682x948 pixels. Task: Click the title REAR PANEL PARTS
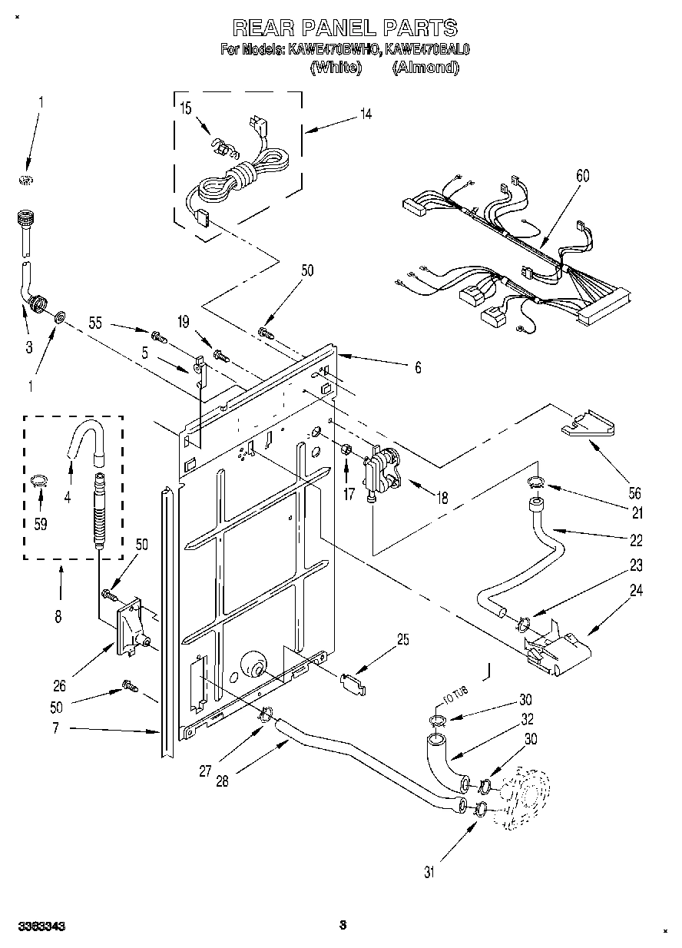pyautogui.click(x=345, y=28)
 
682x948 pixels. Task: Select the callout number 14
pyautogui.click(x=366, y=114)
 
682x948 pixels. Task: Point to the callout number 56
pyautogui.click(x=634, y=494)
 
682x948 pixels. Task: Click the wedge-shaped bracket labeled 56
pyautogui.click(x=588, y=425)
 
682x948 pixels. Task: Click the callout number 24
pyautogui.click(x=637, y=591)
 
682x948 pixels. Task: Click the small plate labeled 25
pyautogui.click(x=353, y=681)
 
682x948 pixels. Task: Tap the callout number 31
pyautogui.click(x=429, y=871)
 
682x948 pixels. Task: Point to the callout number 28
pyautogui.click(x=223, y=781)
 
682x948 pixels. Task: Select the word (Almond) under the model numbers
pyautogui.click(x=425, y=68)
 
